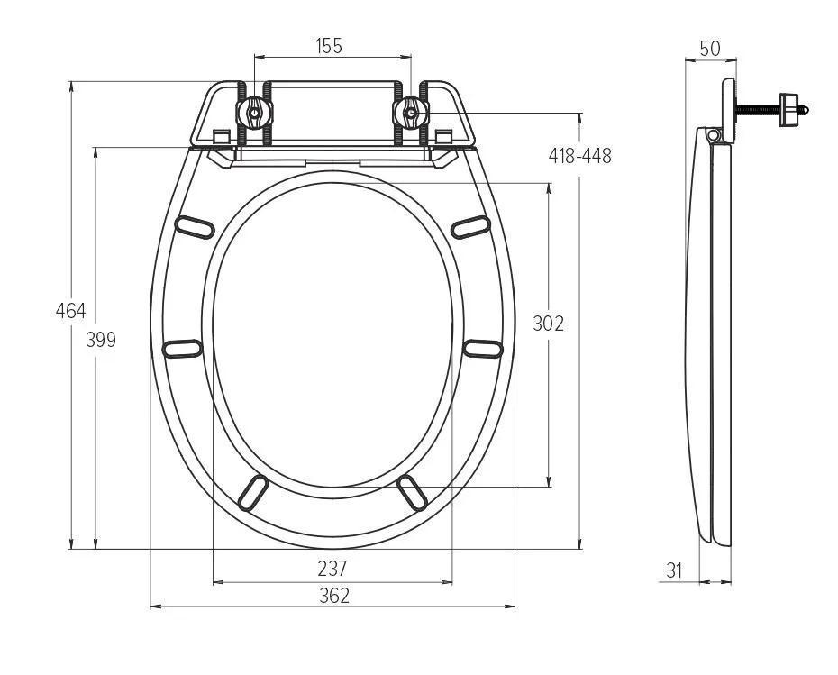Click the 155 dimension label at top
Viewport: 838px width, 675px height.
coord(330,46)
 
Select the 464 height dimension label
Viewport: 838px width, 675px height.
coord(70,311)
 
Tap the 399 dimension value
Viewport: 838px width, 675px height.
coord(101,340)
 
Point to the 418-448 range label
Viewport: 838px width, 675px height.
coord(580,156)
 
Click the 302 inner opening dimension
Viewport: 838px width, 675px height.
coord(548,324)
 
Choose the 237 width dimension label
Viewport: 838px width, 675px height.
coord(332,569)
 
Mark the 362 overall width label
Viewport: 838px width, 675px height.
coord(332,595)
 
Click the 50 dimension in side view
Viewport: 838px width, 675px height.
coord(710,49)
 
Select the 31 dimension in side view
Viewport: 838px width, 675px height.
coord(675,570)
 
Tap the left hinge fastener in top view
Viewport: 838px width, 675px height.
coord(254,113)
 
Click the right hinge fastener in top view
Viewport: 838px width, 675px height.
coord(411,113)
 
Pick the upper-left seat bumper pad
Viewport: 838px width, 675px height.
coord(197,226)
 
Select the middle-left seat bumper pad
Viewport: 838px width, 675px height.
coord(183,348)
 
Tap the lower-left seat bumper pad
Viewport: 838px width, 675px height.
coord(253,493)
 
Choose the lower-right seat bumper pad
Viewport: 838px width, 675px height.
coord(412,493)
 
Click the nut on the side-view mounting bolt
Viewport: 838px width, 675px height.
coord(790,110)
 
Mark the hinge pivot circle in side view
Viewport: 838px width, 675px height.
coord(715,135)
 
